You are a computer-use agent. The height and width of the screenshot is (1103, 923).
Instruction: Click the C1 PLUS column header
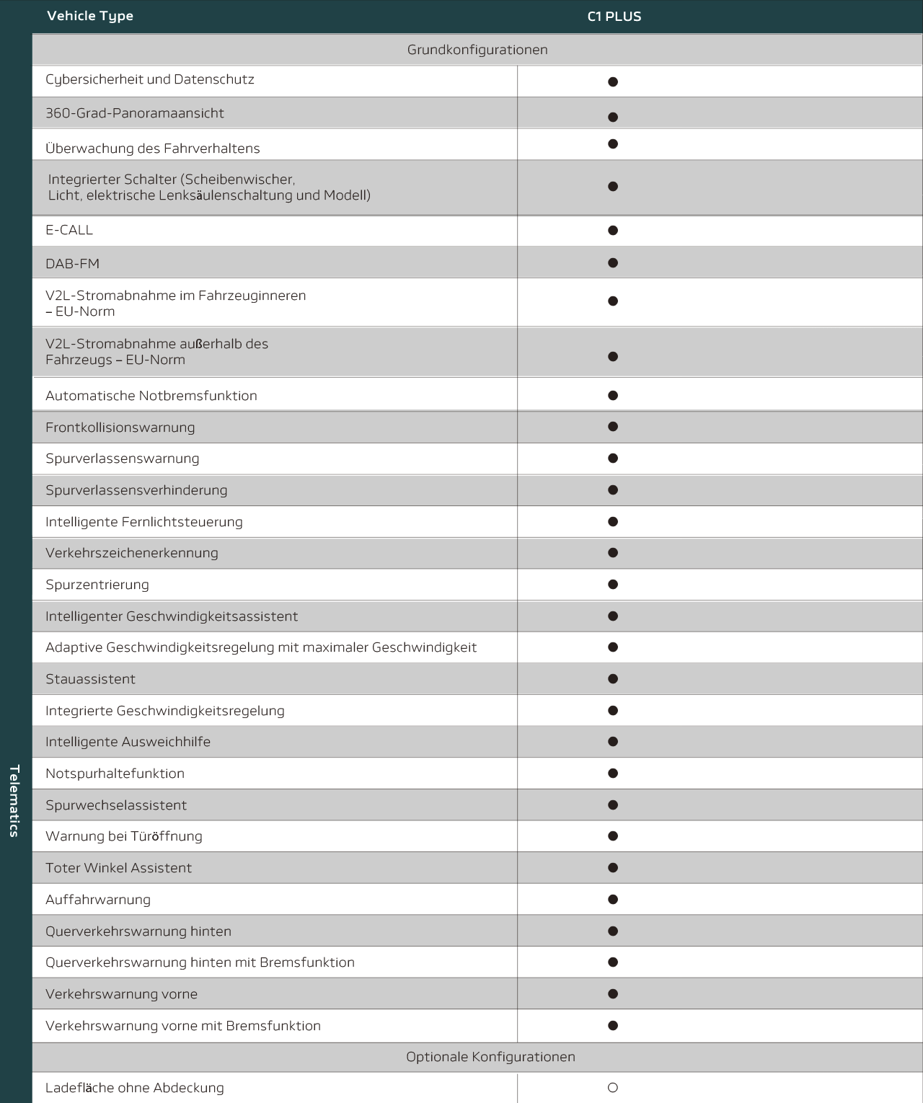tap(614, 17)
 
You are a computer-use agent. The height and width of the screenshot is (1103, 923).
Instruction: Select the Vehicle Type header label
tap(90, 16)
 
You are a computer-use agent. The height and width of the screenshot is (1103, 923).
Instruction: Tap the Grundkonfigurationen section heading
tap(477, 50)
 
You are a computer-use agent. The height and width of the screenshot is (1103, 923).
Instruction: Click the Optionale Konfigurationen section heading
tap(490, 1057)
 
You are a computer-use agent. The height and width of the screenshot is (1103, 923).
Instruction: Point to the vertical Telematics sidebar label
tap(14, 800)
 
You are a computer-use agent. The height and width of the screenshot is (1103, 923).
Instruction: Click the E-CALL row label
tap(69, 230)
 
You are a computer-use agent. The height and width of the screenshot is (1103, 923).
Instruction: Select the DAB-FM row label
tap(72, 264)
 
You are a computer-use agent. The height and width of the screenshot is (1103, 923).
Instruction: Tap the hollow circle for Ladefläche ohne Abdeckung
tap(613, 1088)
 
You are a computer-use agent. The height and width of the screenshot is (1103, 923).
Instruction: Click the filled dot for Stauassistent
tap(613, 678)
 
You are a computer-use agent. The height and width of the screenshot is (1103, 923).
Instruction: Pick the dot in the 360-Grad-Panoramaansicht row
tap(613, 117)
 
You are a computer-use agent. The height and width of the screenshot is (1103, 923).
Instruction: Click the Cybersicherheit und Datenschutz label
tap(150, 79)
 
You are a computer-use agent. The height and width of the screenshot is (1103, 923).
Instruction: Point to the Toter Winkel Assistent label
tap(118, 868)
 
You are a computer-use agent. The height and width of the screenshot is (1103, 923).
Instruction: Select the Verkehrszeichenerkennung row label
tap(132, 553)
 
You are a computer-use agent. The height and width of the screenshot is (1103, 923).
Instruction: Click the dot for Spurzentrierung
tap(613, 585)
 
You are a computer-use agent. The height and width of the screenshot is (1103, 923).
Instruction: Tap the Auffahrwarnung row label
tap(98, 900)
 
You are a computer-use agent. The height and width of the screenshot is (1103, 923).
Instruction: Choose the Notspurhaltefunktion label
tap(115, 774)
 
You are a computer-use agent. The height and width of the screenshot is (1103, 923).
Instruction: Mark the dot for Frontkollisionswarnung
tap(613, 427)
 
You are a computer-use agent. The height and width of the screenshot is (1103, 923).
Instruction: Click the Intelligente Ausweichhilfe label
tap(128, 742)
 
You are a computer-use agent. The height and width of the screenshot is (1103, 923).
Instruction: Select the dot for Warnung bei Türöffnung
tap(613, 836)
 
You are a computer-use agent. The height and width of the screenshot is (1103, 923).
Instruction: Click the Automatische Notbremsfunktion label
tap(151, 396)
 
